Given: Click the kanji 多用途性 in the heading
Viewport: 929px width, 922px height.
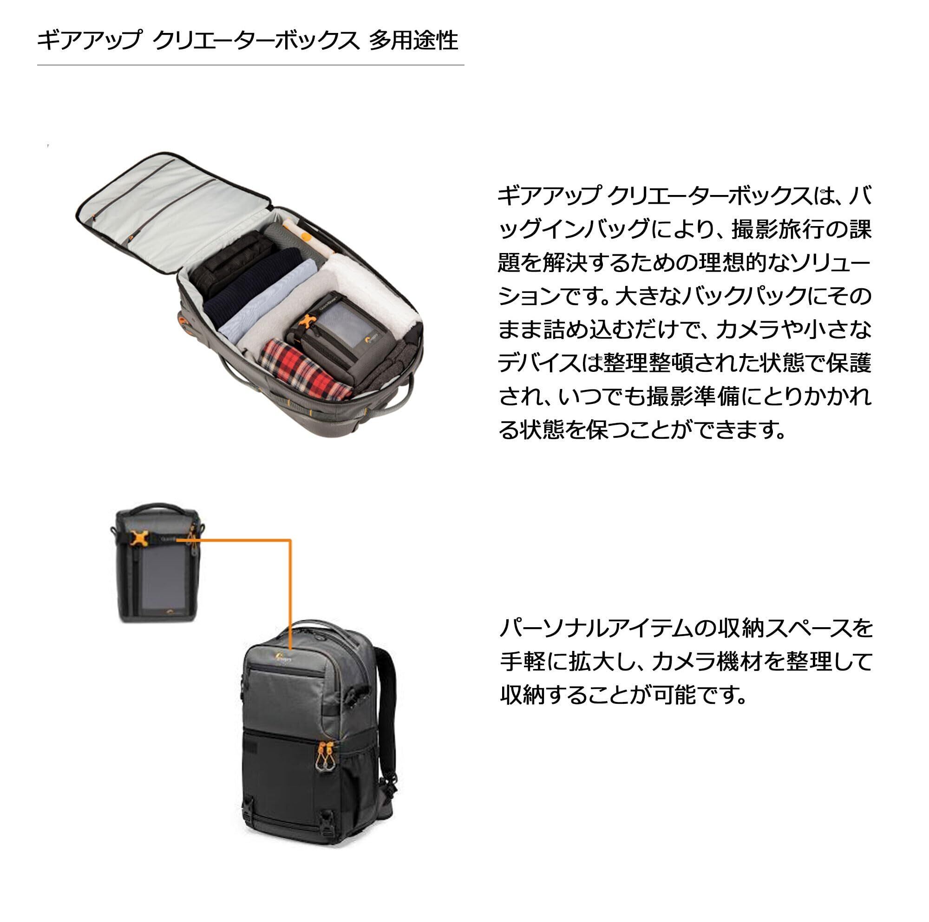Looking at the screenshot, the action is click(413, 40).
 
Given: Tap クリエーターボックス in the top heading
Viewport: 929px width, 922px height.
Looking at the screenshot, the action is click(256, 40).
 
